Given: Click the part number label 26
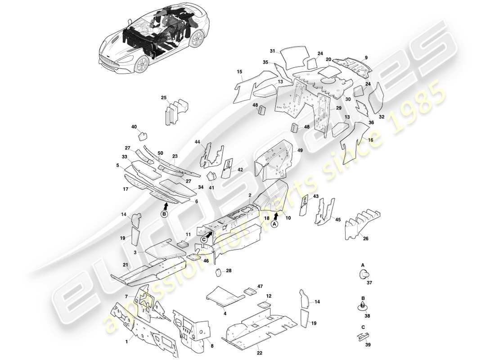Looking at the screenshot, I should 366,238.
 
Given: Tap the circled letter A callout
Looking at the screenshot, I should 274,225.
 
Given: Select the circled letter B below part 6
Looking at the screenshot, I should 165,215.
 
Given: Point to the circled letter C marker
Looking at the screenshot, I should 203,240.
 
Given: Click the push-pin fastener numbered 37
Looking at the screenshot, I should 364,275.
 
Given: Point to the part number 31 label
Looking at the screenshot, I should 272,51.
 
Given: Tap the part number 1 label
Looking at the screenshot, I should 126,342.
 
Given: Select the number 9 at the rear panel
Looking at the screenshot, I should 366,58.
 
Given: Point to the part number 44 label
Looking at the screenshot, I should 197,142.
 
